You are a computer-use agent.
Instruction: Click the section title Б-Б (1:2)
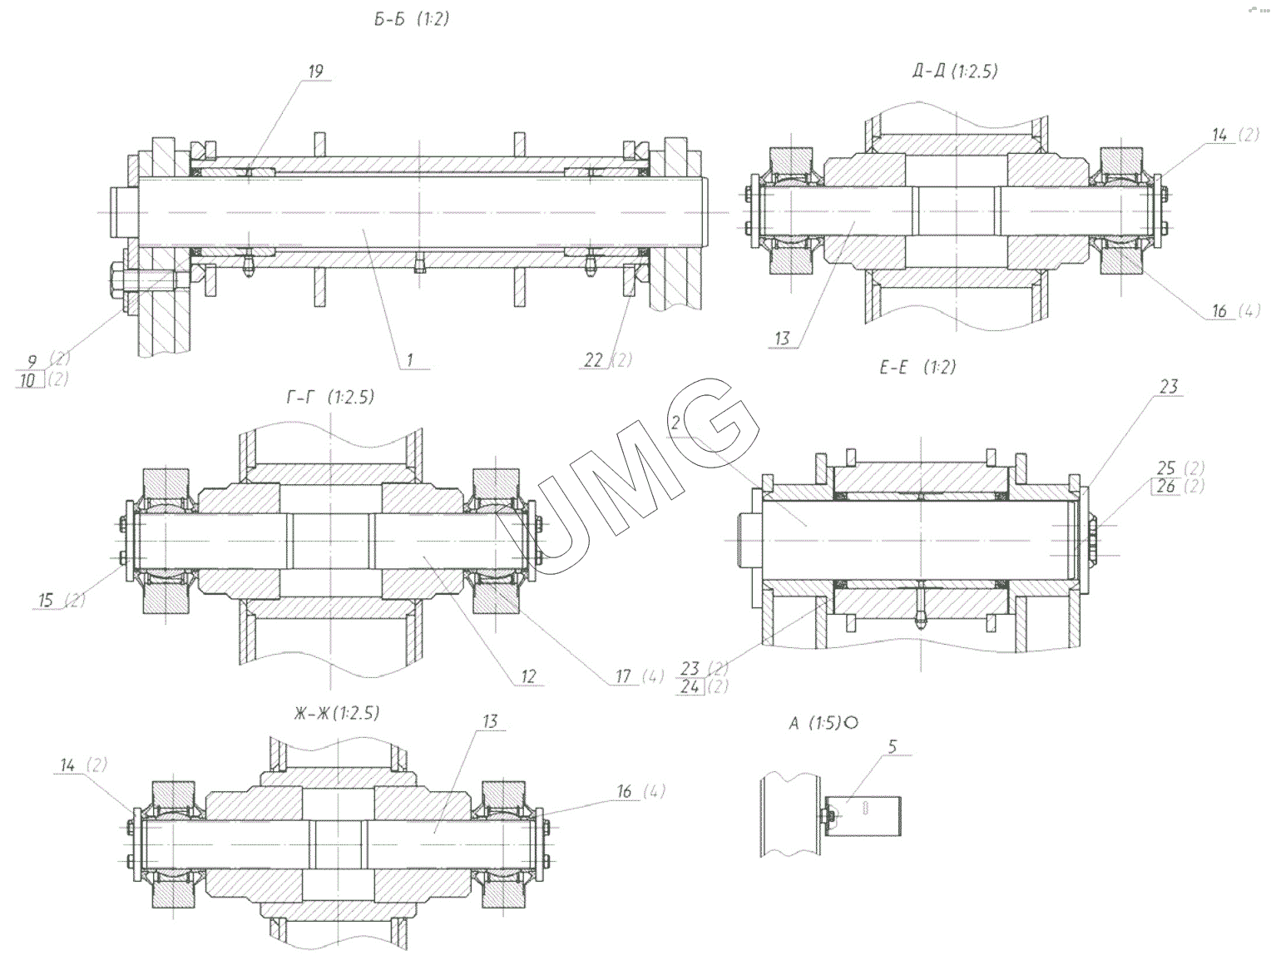(411, 19)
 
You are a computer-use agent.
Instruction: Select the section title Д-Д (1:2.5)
(954, 72)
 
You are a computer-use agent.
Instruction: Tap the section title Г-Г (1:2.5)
(330, 397)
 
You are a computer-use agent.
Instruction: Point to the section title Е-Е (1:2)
(917, 367)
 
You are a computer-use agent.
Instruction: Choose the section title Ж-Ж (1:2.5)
(336, 713)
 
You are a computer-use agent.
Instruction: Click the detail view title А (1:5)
(823, 723)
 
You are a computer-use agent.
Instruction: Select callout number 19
(315, 72)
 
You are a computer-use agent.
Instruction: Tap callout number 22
(593, 359)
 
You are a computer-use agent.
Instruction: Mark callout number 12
(529, 675)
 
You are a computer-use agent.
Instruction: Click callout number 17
(624, 675)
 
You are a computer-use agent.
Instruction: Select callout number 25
(1167, 468)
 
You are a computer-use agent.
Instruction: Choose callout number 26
(1167, 486)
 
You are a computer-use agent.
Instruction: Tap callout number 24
(690, 687)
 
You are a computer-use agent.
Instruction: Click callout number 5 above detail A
(893, 745)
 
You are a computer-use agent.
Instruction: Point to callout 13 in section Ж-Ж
(490, 720)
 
